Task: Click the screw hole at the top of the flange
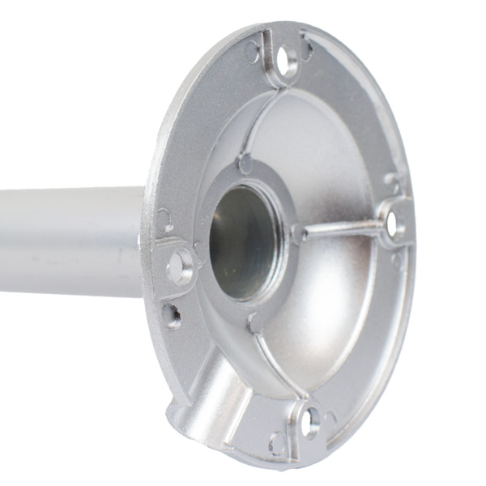pyautogui.click(x=285, y=60)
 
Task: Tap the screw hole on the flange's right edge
pyautogui.click(x=395, y=224)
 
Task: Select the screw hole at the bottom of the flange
pyautogui.click(x=310, y=421)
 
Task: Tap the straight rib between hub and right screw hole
pyautogui.click(x=340, y=229)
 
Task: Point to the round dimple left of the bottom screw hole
pyautogui.click(x=277, y=442)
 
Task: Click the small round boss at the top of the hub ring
pyautogui.click(x=245, y=163)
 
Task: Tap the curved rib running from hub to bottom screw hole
pyautogui.click(x=279, y=364)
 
